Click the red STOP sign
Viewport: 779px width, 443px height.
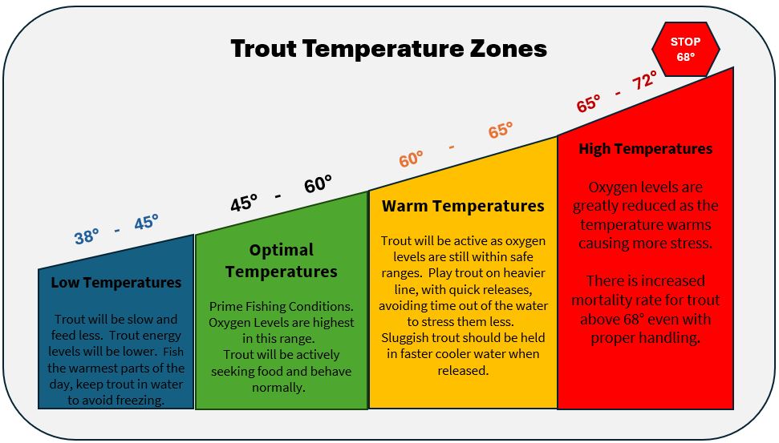point(686,49)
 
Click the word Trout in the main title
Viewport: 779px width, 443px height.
point(263,49)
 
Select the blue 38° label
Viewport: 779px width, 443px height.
point(87,236)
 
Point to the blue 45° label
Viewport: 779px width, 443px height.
point(147,222)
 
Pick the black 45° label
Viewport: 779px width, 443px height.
point(244,202)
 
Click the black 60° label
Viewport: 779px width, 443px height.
point(318,183)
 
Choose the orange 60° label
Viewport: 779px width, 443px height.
point(412,159)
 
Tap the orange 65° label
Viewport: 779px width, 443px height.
point(501,130)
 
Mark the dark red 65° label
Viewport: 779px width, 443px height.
point(589,103)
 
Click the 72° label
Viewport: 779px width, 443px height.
point(645,80)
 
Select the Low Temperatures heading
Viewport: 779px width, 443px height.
point(116,283)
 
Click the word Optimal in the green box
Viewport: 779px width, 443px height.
point(282,249)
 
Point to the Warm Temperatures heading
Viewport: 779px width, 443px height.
point(463,206)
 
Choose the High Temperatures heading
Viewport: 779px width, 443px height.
point(645,148)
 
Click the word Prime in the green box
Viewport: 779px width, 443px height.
point(225,307)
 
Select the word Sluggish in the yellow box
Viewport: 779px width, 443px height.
point(404,338)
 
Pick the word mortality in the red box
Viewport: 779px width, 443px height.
point(603,300)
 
